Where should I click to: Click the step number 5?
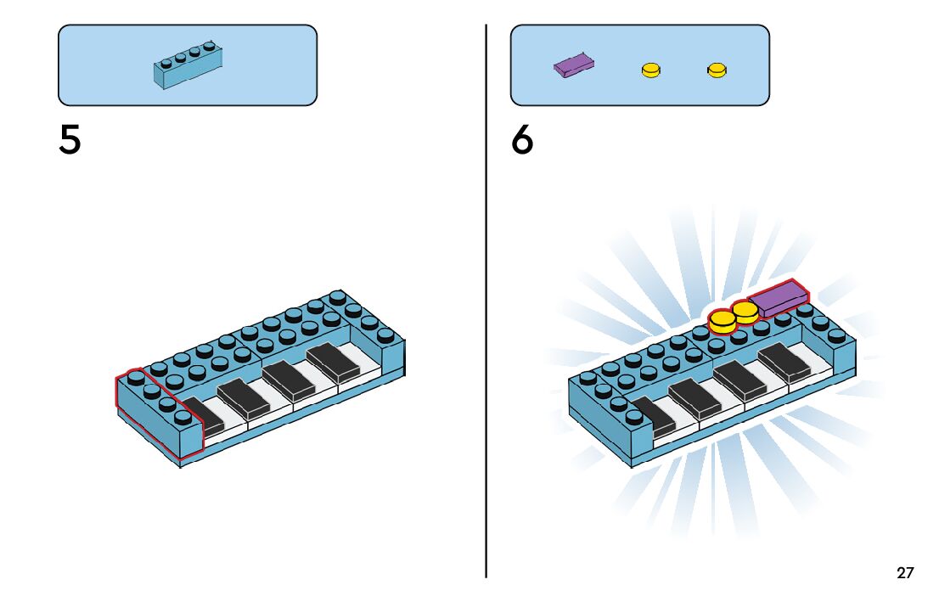coord(70,140)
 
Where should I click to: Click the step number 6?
coord(522,140)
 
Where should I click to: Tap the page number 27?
coord(905,573)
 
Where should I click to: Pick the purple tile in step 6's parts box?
coord(574,65)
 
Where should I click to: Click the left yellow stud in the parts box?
coord(651,70)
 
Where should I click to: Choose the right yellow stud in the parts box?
coord(717,70)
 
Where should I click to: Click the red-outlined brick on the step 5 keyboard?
coord(160,414)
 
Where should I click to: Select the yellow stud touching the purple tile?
coord(746,311)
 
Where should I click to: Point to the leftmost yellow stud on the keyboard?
coord(723,321)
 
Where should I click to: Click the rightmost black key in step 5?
coord(334,362)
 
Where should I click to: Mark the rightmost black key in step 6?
coord(785,363)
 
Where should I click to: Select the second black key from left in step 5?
coord(245,397)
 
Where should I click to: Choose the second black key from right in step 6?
coord(740,382)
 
